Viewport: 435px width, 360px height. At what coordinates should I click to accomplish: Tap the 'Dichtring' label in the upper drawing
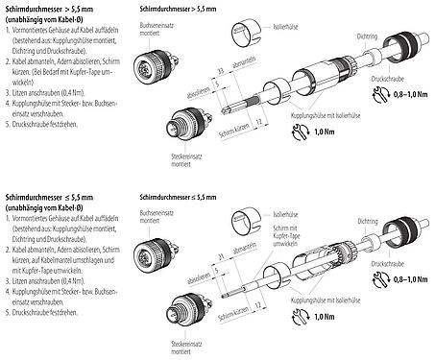pyautogui.click(x=367, y=36)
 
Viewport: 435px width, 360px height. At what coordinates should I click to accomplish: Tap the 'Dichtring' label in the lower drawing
pyautogui.click(x=366, y=220)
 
